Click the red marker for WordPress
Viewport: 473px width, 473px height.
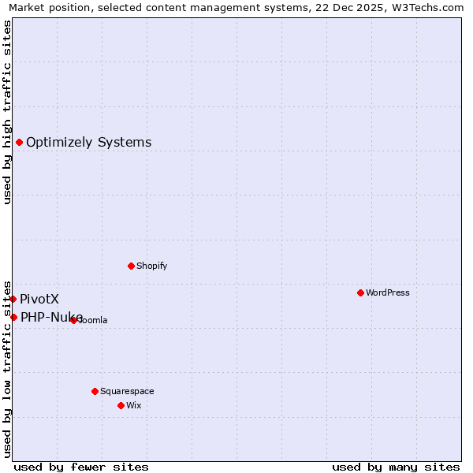(x=360, y=292)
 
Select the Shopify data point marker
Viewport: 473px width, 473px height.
(x=131, y=266)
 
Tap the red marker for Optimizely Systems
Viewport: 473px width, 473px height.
(x=19, y=142)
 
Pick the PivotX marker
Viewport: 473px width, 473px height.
(x=13, y=299)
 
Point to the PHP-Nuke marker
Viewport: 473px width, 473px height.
(x=13, y=317)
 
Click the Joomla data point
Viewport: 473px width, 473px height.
(x=73, y=320)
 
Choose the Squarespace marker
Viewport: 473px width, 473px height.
(x=95, y=391)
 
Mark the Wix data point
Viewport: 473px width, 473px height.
(x=121, y=405)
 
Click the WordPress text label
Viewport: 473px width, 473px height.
(x=388, y=292)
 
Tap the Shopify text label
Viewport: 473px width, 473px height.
(x=152, y=266)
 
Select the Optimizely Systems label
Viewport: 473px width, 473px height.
(x=89, y=142)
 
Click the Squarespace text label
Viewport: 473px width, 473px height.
(x=127, y=391)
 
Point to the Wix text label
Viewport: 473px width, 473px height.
(x=133, y=405)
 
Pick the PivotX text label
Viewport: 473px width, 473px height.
(x=39, y=299)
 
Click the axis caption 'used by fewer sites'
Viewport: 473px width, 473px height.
(x=81, y=467)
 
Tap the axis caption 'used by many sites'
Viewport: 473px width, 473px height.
(x=396, y=467)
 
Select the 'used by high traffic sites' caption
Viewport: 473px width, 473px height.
(x=7, y=112)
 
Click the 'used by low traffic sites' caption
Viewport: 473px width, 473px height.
(x=7, y=368)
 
